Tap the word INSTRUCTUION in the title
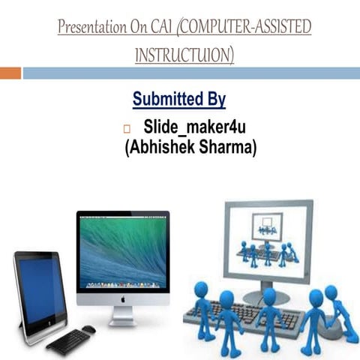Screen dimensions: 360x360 pyautogui.click(x=184, y=55)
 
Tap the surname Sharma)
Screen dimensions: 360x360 pyautogui.click(x=229, y=147)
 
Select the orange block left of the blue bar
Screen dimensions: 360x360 pyautogui.click(x=10, y=73)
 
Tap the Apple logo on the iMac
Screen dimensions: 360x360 pyautogui.click(x=122, y=298)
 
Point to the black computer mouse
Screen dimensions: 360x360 pyautogui.click(x=88, y=329)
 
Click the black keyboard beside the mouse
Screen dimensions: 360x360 pyautogui.click(x=68, y=340)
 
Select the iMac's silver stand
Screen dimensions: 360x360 pyautogui.click(x=122, y=315)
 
